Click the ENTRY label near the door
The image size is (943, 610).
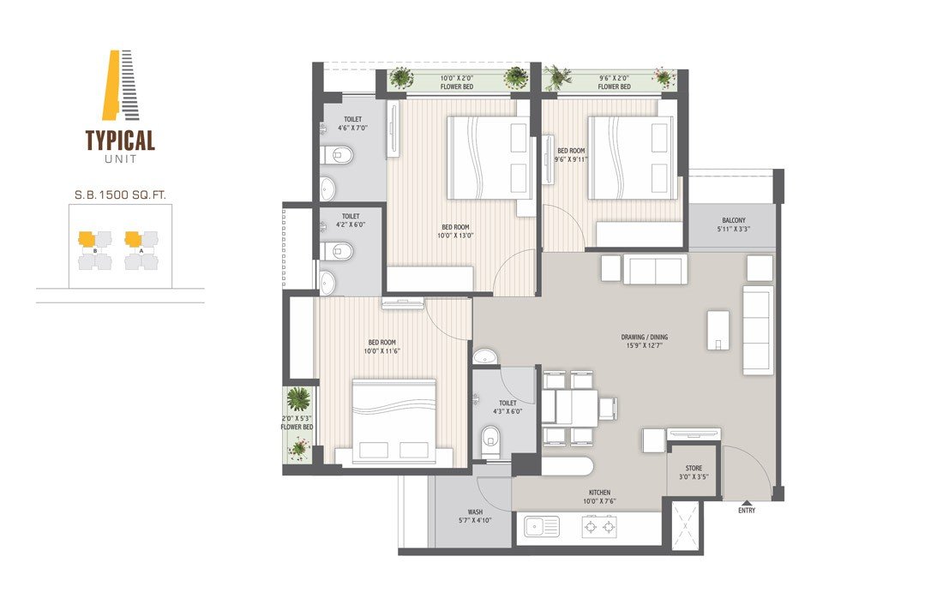[x=747, y=511]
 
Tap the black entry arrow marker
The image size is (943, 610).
[x=747, y=502]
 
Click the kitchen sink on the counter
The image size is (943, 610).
[x=542, y=527]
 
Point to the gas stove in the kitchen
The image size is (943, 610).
[x=599, y=528]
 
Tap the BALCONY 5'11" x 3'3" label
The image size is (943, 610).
[x=734, y=224]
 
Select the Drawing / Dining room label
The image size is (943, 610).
[x=644, y=341]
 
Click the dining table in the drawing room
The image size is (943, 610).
[x=576, y=408]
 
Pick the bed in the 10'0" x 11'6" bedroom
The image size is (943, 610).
[x=394, y=422]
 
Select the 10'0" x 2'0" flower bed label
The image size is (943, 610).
[x=456, y=82]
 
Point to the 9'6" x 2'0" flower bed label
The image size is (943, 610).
[x=614, y=82]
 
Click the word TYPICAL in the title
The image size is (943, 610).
[x=120, y=141]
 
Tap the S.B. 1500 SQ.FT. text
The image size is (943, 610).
[x=120, y=194]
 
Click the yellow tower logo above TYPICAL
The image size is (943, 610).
[x=121, y=85]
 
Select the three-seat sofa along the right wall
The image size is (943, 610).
[x=758, y=330]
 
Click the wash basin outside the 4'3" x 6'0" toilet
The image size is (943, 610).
[x=484, y=356]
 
